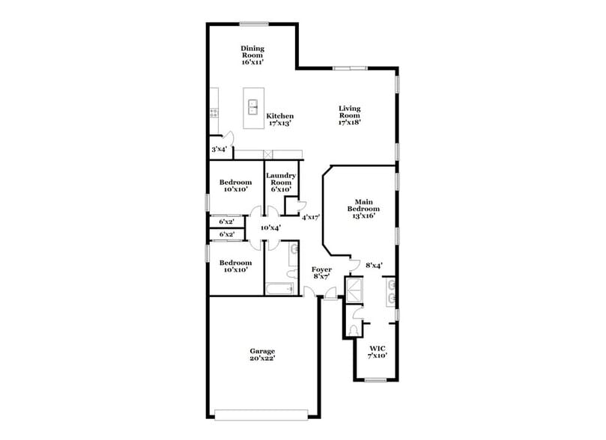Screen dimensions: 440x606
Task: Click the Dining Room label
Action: (x=252, y=55)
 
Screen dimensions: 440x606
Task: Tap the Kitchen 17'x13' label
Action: (x=281, y=120)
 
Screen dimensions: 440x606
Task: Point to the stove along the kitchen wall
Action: (x=213, y=114)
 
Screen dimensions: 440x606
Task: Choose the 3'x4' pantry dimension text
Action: (x=219, y=150)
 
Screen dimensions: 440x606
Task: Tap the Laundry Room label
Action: (x=281, y=183)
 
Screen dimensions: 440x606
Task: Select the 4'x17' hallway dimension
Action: (x=311, y=218)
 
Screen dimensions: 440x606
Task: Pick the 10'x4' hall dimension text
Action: (x=270, y=227)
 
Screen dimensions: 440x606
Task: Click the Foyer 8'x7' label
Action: (x=321, y=272)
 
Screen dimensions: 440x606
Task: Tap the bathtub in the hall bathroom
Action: (x=282, y=289)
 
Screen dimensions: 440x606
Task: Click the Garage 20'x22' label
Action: (x=262, y=355)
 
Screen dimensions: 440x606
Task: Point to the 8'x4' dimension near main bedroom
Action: (x=374, y=265)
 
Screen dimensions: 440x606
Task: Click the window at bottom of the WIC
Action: (x=375, y=380)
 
